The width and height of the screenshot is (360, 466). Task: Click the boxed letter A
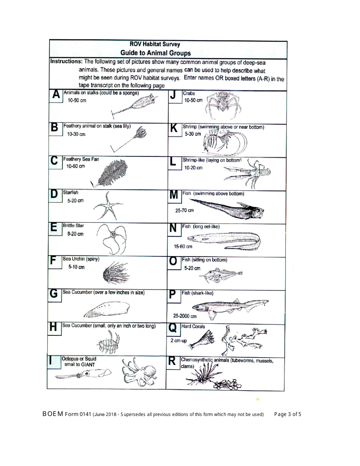pyautogui.click(x=56, y=95)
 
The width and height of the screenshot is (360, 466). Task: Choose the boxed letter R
pyautogui.click(x=172, y=361)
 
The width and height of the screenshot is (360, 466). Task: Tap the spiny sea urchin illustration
pyautogui.click(x=115, y=273)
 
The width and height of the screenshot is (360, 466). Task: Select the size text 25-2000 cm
pyautogui.click(x=185, y=316)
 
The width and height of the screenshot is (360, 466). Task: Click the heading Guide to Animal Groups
pyautogui.click(x=155, y=53)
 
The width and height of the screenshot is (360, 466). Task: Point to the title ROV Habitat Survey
pyautogui.click(x=155, y=44)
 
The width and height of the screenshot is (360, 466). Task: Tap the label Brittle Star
pyautogui.click(x=74, y=225)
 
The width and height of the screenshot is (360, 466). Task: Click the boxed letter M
pyautogui.click(x=174, y=195)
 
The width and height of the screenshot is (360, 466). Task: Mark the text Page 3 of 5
pyautogui.click(x=288, y=414)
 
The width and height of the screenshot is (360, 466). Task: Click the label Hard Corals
pyautogui.click(x=193, y=326)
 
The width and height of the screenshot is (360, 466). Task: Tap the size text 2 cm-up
pyautogui.click(x=178, y=340)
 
